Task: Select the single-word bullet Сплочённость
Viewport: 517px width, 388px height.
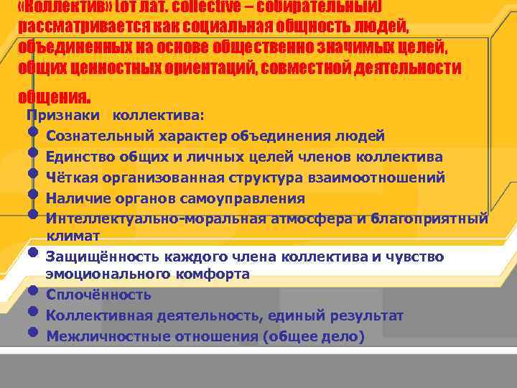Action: tap(98, 295)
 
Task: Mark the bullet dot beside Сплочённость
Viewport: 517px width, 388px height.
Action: tap(33, 291)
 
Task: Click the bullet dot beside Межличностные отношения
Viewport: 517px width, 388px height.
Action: tap(33, 333)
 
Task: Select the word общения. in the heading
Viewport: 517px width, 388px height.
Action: tap(55, 96)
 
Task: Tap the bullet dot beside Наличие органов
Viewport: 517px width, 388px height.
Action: tap(33, 195)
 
